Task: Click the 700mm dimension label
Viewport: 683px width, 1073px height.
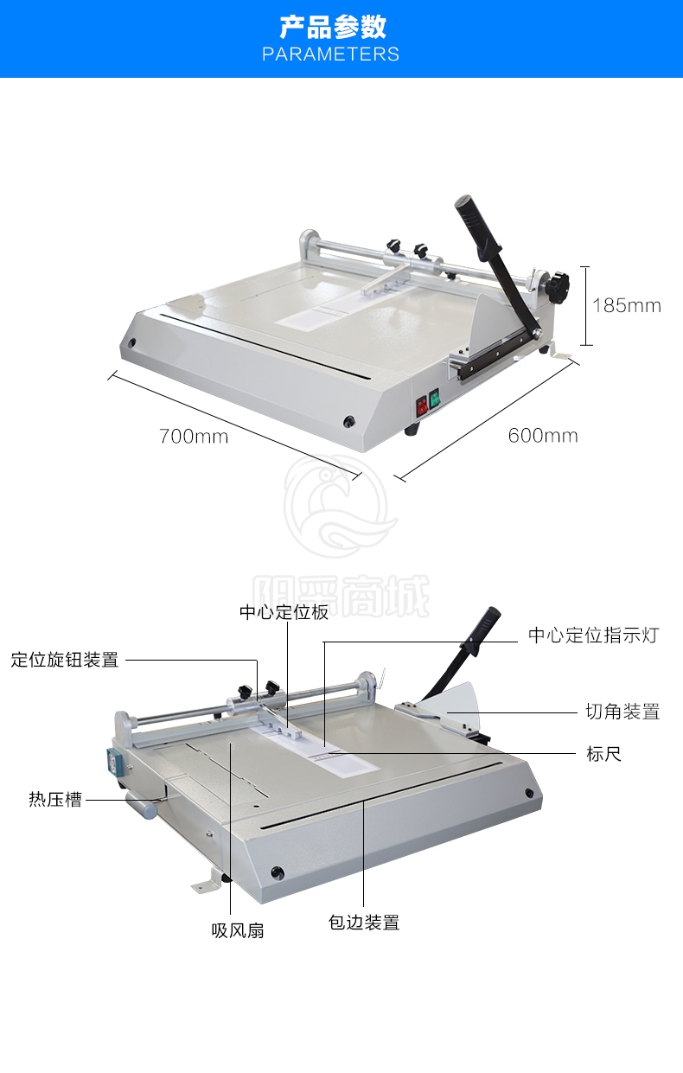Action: pos(194,437)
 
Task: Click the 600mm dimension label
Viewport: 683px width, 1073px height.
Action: pos(543,436)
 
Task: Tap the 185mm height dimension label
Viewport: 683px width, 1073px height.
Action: pos(627,305)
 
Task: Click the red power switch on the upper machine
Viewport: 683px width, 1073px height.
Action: pos(422,406)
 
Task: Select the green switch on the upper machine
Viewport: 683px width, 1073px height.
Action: pos(434,398)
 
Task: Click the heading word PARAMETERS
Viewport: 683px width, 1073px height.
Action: pos(330,54)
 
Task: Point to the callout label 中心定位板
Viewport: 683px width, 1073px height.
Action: pos(284,612)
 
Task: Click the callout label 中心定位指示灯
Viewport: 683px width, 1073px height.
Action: pos(593,635)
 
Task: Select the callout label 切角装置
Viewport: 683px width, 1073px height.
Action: pos(622,712)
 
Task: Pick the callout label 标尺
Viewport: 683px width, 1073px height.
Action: pos(603,754)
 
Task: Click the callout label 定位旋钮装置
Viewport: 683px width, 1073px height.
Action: pos(65,660)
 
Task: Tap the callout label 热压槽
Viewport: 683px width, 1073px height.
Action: pos(55,800)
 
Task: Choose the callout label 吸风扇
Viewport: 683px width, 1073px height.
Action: pos(238,930)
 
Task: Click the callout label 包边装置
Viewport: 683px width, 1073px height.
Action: pos(363,922)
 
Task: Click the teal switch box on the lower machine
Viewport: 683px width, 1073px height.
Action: pos(112,761)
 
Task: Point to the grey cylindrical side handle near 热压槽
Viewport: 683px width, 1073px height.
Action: pos(142,806)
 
